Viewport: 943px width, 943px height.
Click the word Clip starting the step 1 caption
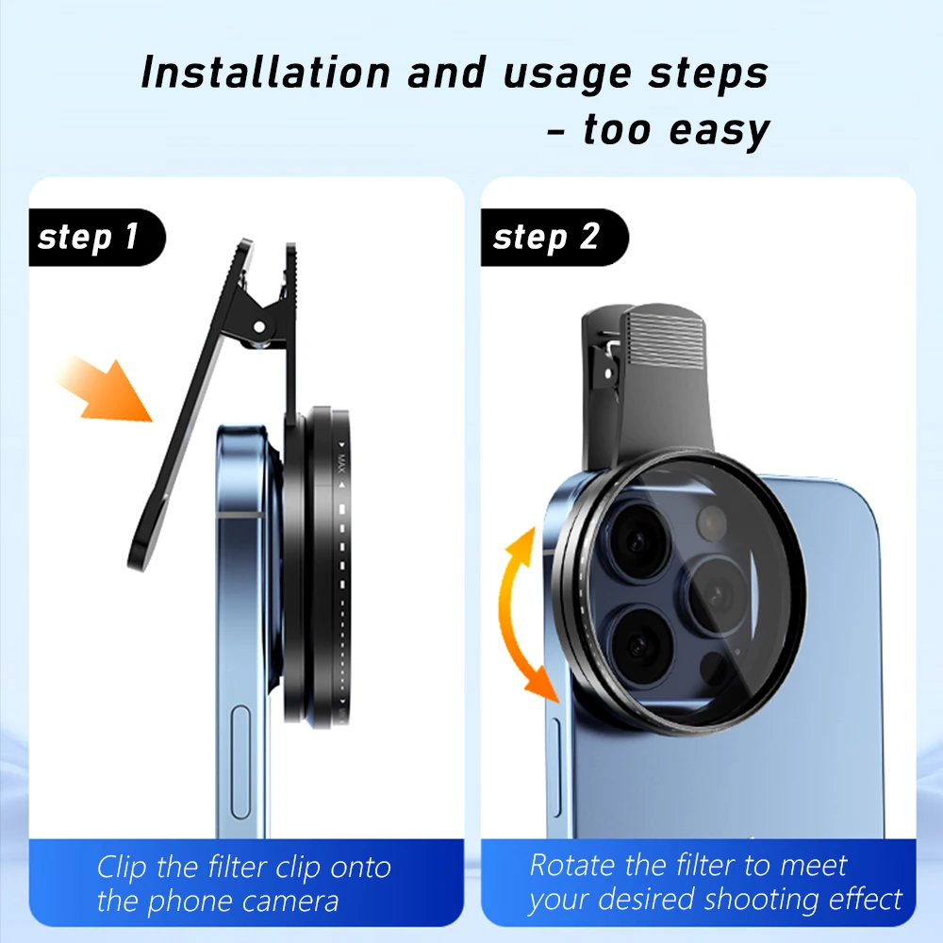point(124,867)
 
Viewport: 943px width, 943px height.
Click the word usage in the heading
point(556,74)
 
